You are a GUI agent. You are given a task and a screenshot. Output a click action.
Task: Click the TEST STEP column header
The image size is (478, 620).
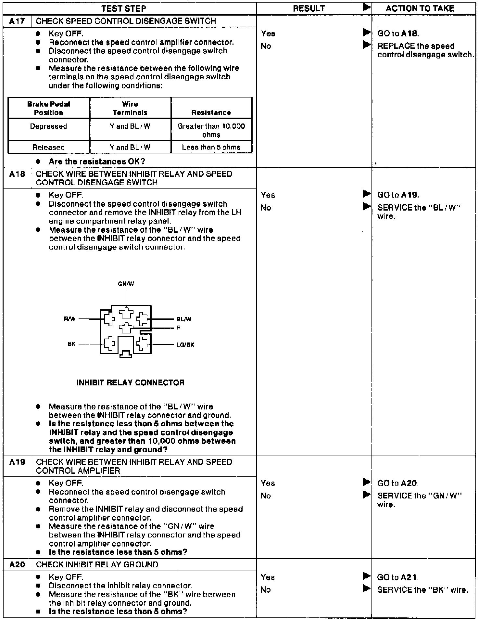[123, 8]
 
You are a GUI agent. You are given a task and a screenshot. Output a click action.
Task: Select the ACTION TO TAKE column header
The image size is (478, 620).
[420, 8]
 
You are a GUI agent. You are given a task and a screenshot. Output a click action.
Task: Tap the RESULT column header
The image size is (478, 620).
[309, 8]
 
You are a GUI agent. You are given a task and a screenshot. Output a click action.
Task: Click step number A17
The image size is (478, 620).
[17, 21]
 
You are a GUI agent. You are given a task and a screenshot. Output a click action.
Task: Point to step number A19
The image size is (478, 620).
[17, 462]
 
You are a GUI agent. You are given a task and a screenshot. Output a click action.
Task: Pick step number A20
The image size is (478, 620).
[17, 564]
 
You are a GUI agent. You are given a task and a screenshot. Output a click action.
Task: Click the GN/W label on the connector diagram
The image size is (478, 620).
[126, 284]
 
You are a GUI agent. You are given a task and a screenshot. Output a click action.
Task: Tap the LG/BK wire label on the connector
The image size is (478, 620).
[185, 345]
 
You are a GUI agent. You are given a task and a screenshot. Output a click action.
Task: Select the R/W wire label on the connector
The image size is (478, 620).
[70, 319]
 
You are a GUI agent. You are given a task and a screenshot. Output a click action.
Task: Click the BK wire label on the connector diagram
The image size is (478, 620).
[71, 344]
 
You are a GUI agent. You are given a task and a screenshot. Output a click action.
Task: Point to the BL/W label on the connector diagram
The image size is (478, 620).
[184, 319]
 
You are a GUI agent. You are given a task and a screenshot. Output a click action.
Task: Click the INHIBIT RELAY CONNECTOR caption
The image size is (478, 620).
[131, 382]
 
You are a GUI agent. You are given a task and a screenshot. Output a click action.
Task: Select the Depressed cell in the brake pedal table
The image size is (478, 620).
[49, 126]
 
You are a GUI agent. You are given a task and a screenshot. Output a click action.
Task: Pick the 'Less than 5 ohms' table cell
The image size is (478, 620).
[211, 147]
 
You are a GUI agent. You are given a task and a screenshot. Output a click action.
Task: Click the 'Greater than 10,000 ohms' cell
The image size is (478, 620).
[211, 130]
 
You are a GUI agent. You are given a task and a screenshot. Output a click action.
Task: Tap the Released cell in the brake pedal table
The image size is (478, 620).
[49, 147]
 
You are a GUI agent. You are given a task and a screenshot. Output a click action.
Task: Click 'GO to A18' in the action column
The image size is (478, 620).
[398, 33]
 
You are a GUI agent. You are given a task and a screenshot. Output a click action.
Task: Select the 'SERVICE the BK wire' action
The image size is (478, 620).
[422, 589]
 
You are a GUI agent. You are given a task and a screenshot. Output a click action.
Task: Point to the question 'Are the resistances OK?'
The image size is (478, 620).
[97, 161]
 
